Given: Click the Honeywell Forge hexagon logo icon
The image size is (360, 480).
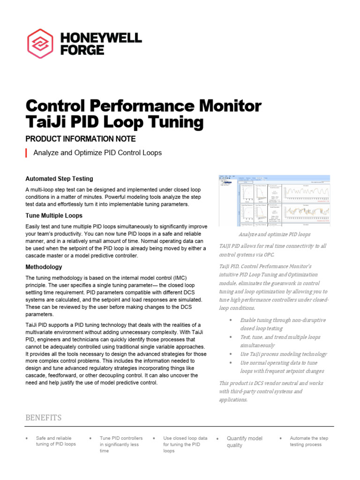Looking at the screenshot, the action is click(x=40, y=44).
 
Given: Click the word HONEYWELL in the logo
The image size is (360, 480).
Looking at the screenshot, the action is click(x=101, y=37).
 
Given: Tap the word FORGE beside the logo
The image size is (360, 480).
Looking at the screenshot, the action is click(x=82, y=50).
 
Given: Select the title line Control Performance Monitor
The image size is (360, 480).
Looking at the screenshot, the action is click(x=143, y=105).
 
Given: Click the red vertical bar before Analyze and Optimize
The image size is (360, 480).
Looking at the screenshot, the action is click(x=26, y=153).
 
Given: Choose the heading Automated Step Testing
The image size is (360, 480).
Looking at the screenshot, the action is click(x=59, y=179).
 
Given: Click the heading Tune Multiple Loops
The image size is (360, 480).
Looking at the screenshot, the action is click(x=54, y=216).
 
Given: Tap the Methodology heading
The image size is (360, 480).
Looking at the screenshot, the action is click(x=44, y=267).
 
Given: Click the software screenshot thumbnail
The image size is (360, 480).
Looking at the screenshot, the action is click(x=274, y=201).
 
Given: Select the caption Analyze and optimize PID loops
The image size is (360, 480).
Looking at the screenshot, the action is click(x=274, y=234).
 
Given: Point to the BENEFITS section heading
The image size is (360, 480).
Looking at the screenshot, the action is click(x=43, y=418).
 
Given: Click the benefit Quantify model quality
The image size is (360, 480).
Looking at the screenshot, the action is click(x=244, y=442).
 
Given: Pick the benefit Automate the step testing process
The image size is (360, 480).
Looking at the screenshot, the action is click(x=309, y=441).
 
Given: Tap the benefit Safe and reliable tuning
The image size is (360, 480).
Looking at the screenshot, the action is click(x=56, y=441).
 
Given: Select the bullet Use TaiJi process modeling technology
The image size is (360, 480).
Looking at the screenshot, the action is click(x=283, y=354).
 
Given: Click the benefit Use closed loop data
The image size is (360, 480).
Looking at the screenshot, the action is click(x=185, y=444).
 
